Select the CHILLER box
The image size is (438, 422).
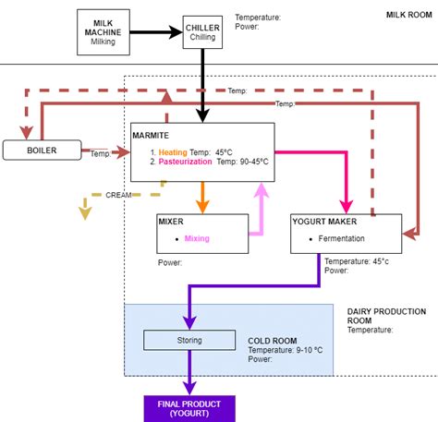pyautogui.click(x=201, y=33)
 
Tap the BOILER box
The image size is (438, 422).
pyautogui.click(x=42, y=149)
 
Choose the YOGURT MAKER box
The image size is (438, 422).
pyautogui.click(x=345, y=234)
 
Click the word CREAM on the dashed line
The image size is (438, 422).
pyautogui.click(x=117, y=196)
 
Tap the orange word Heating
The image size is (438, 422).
pyautogui.click(x=173, y=151)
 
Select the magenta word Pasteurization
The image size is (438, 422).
pyautogui.click(x=186, y=162)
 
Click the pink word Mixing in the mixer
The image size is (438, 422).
pyautogui.click(x=197, y=238)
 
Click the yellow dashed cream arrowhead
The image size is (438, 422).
pyautogui.click(x=85, y=212)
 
